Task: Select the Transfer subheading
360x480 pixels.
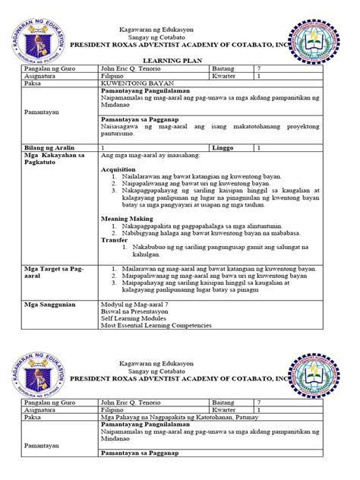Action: tap(115, 240)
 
